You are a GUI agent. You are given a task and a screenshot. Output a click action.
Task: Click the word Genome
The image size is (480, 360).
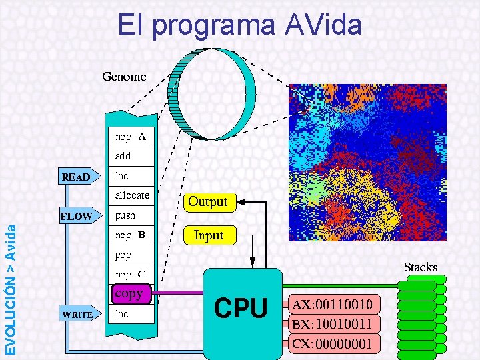click(x=124, y=77)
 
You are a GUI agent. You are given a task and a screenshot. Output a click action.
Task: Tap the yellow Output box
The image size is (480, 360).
click(x=207, y=201)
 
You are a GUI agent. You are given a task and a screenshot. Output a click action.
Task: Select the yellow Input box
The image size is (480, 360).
click(x=208, y=235)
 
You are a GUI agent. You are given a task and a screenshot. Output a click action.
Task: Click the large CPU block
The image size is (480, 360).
click(x=242, y=309)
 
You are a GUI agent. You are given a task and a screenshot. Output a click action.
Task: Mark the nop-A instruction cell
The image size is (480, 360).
click(x=131, y=137)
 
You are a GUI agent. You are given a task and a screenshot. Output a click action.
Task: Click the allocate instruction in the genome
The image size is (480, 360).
click(x=132, y=195)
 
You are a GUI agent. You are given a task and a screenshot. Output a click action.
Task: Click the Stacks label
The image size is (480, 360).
click(x=420, y=267)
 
